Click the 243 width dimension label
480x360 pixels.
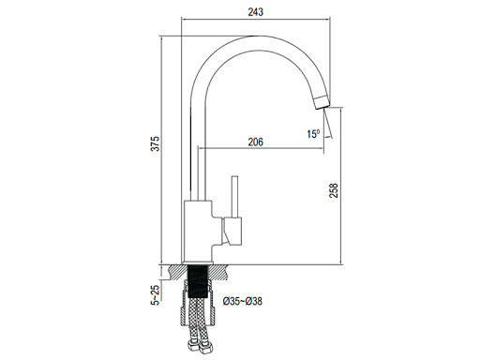tap(256, 12)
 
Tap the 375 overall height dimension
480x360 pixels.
tap(156, 143)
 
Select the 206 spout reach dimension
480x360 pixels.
tap(256, 142)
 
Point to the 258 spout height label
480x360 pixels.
tap(334, 190)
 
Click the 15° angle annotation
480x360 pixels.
tap(313, 134)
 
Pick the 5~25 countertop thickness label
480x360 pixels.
tap(156, 294)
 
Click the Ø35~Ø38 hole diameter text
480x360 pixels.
tap(243, 301)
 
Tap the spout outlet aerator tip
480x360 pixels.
tap(322, 102)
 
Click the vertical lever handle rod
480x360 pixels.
tap(234, 197)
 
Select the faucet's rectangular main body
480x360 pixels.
tap(198, 231)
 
